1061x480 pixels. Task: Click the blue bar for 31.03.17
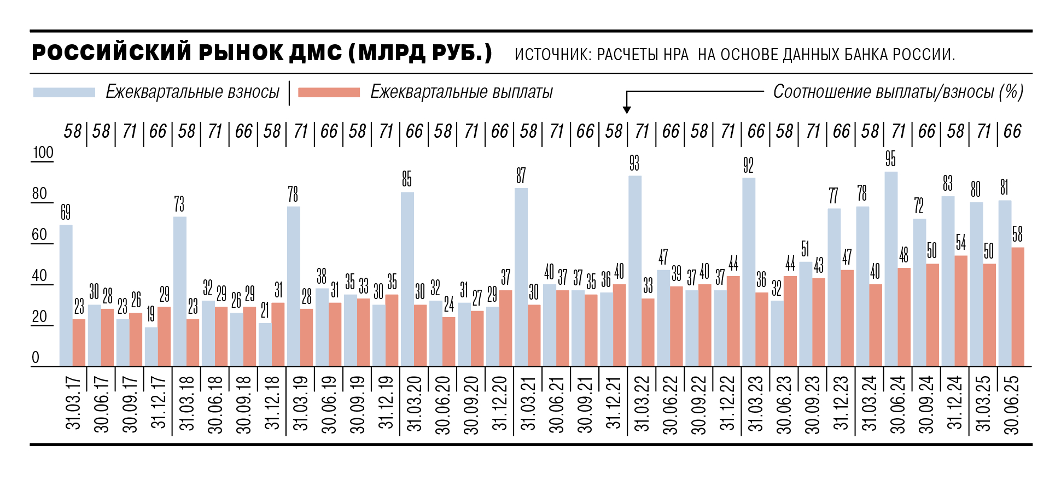tap(66, 295)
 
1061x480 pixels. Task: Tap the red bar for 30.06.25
tap(1018, 307)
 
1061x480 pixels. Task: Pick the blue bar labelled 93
tap(634, 271)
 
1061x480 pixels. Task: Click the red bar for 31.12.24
tap(961, 311)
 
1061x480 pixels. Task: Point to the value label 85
tap(407, 179)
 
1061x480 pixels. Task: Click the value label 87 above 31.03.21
tap(521, 175)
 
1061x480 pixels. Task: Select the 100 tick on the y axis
tap(43, 153)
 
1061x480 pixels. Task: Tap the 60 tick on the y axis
tap(39, 235)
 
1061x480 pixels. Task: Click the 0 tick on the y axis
tap(36, 358)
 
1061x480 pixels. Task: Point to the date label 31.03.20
tap(415, 404)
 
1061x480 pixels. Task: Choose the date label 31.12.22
tap(727, 404)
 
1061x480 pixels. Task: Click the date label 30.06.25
tap(1012, 404)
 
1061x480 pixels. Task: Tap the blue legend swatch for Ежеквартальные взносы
tap(64, 92)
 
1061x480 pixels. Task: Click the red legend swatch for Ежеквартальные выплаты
tap(329, 92)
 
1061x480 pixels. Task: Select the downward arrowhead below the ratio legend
tap(627, 109)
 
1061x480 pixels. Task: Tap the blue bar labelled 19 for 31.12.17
tap(151, 347)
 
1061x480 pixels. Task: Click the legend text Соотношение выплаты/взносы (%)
tap(897, 92)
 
